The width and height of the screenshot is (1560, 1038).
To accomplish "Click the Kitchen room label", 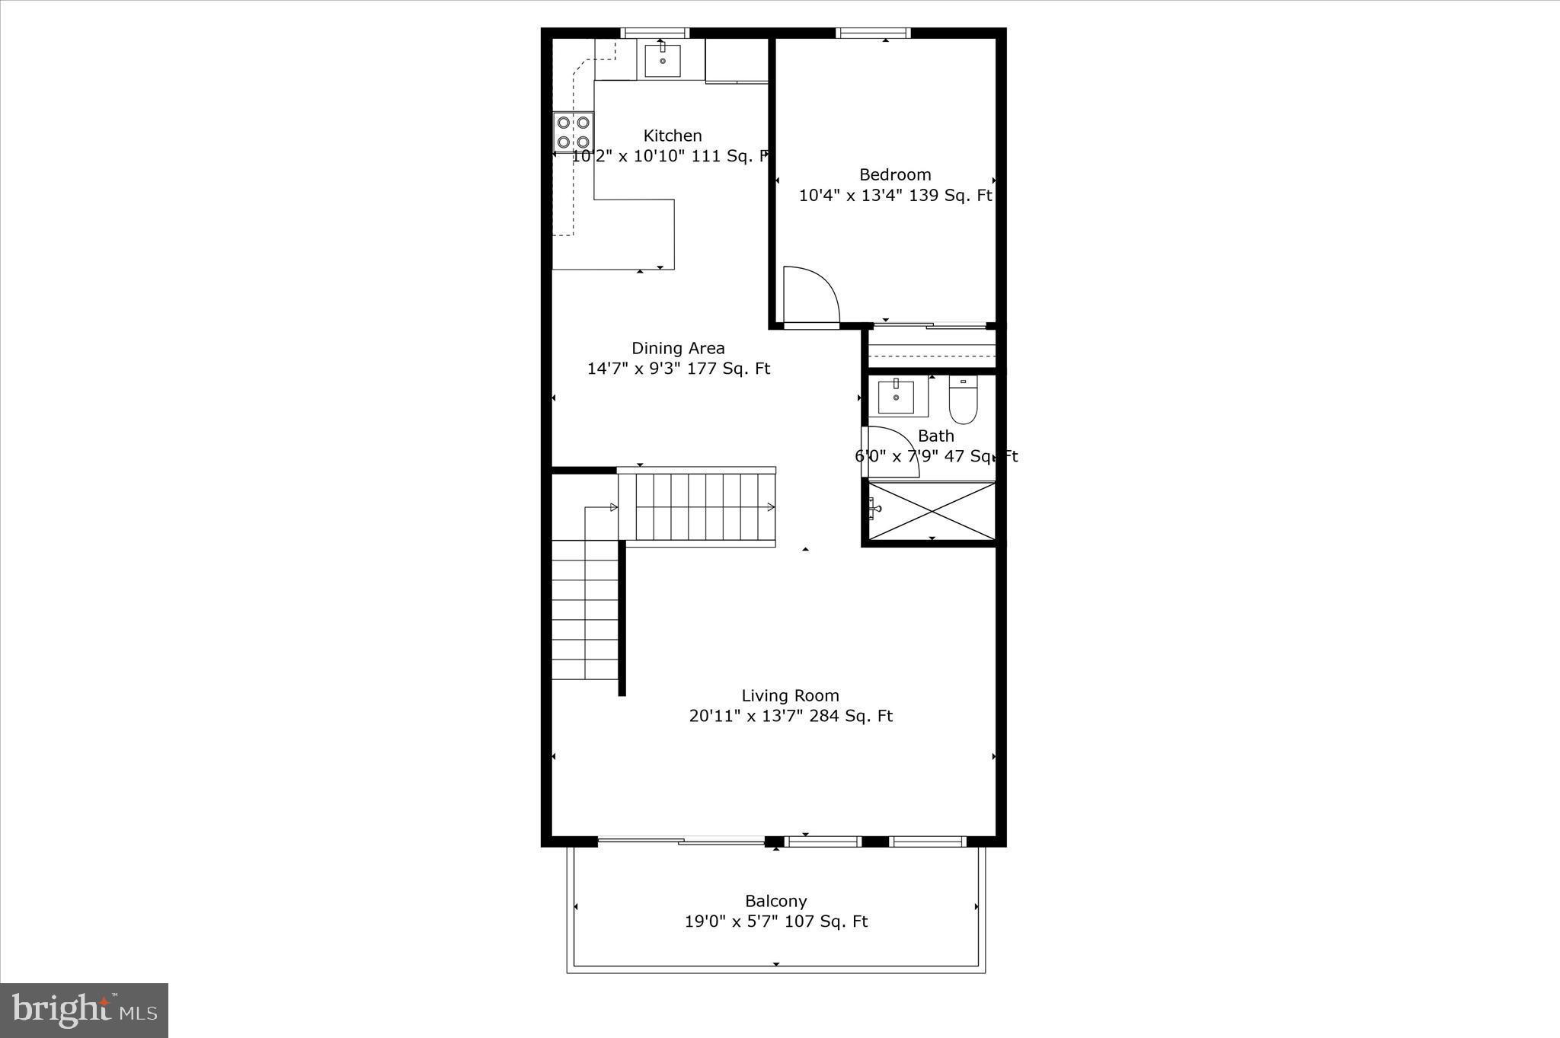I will (x=673, y=136).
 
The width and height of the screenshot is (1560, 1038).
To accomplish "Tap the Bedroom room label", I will (x=895, y=174).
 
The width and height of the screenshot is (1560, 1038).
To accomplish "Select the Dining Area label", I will (x=678, y=348).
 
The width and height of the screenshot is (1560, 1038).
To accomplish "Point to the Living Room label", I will (x=790, y=695).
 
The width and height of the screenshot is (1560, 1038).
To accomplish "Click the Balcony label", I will (x=775, y=901).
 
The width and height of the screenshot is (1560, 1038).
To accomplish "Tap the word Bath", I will (x=935, y=436).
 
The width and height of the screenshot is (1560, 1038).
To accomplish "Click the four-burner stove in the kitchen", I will (x=574, y=132).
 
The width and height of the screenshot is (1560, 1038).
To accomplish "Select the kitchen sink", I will (x=663, y=60).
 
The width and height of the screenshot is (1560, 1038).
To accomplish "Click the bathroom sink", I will (x=896, y=397).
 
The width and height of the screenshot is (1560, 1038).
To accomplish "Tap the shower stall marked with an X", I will (x=932, y=511).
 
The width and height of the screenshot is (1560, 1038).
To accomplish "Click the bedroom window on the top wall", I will (x=873, y=33).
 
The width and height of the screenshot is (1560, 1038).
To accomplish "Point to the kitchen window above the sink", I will (x=655, y=33).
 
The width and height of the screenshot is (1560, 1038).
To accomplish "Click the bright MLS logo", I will (x=84, y=1011).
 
